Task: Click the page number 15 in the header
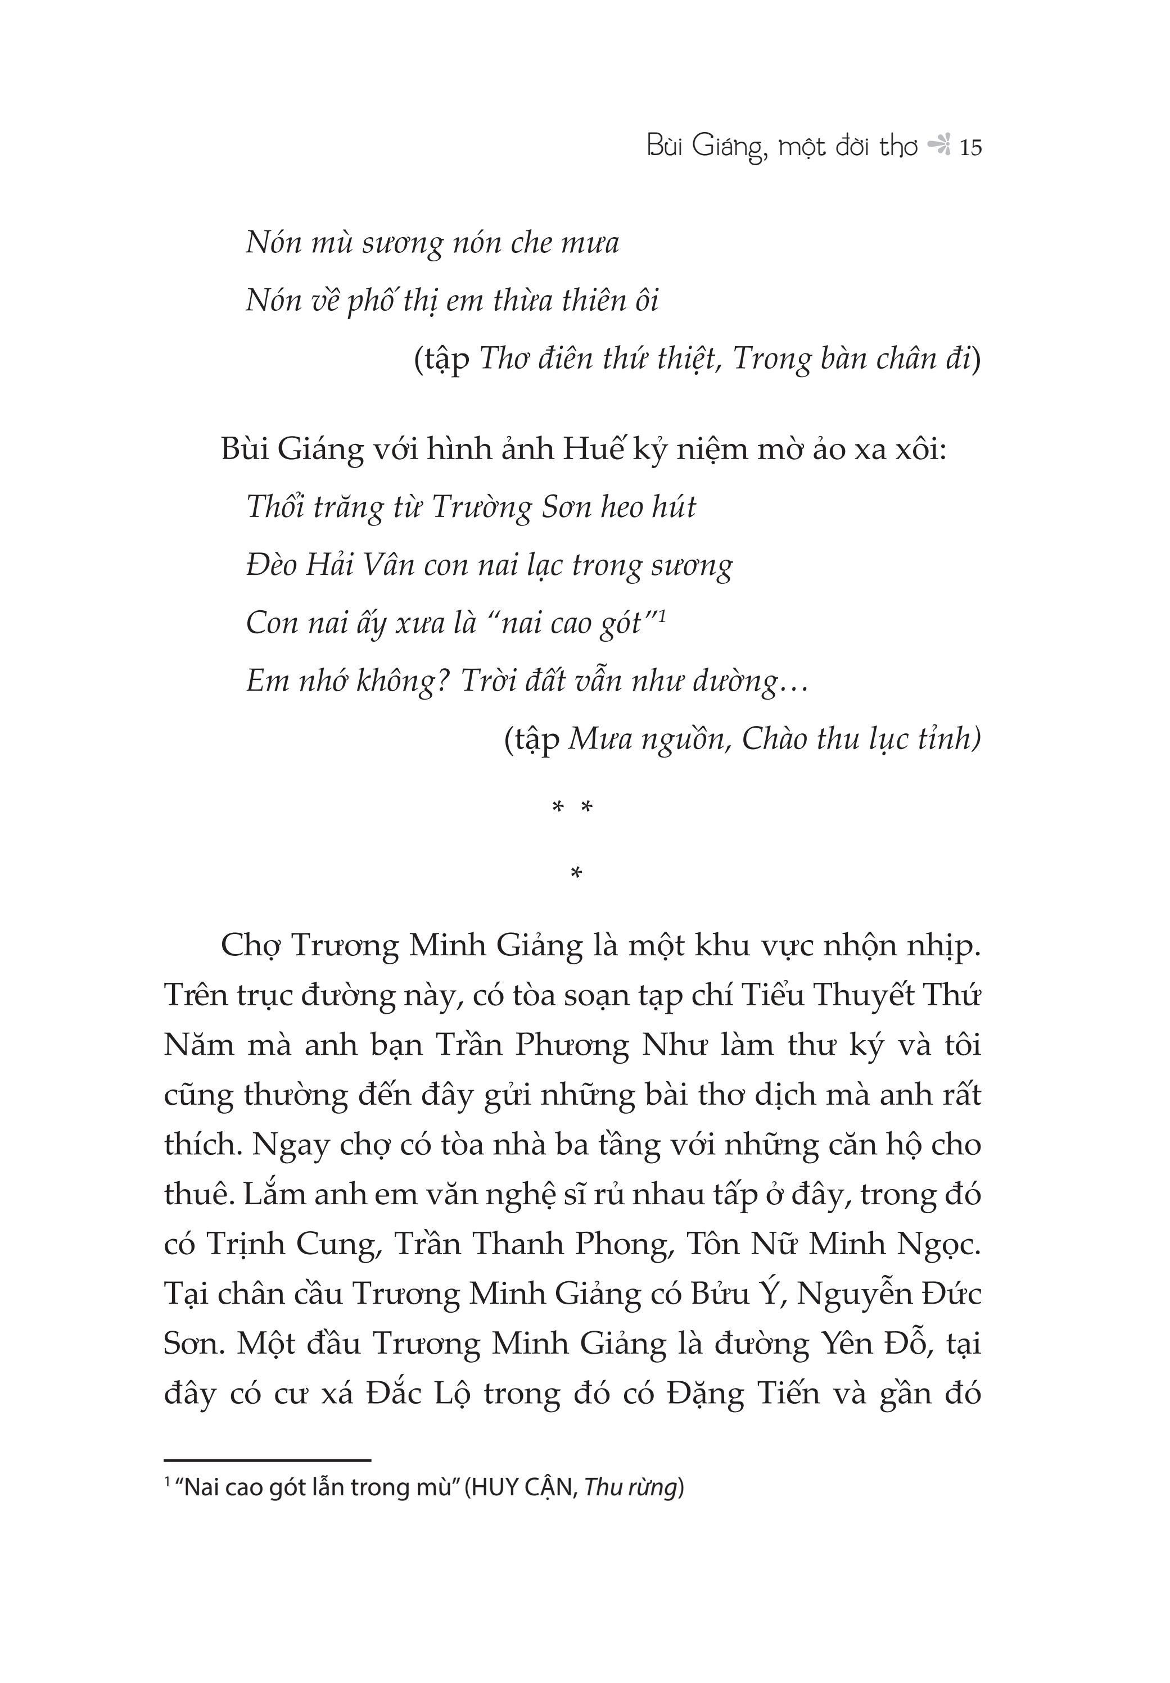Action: (970, 148)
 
